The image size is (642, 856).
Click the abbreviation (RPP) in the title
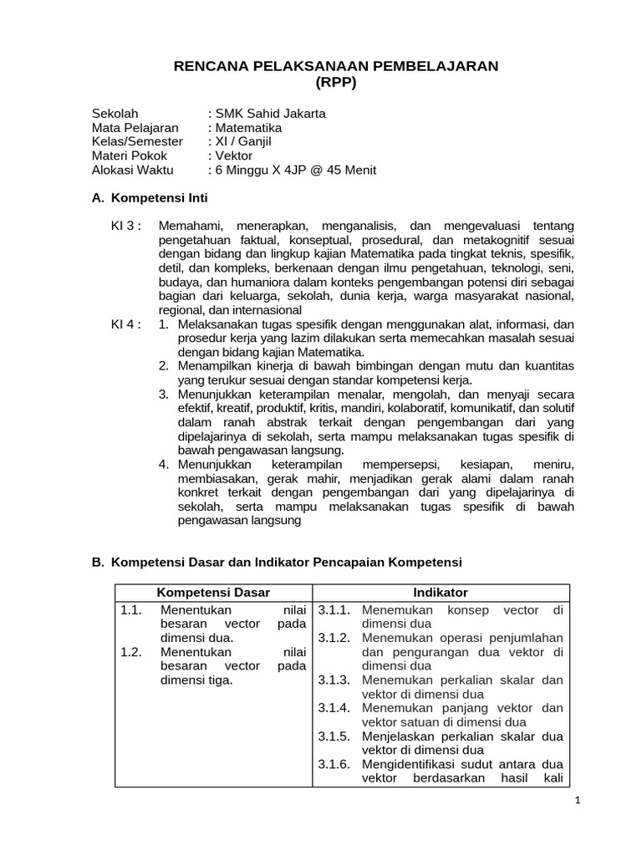click(x=335, y=82)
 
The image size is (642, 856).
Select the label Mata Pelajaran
click(x=135, y=128)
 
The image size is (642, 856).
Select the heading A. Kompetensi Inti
click(x=149, y=199)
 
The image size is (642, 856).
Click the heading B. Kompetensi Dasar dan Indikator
click(x=276, y=562)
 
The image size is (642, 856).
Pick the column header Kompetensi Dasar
click(x=213, y=593)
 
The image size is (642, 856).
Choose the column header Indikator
click(x=441, y=593)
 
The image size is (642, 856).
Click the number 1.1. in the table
click(x=131, y=610)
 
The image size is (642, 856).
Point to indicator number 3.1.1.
click(x=334, y=610)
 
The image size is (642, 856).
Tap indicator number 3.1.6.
click(x=334, y=764)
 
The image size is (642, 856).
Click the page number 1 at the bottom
click(x=576, y=800)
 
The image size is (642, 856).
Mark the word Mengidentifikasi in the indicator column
click(x=410, y=764)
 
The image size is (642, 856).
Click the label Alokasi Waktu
click(x=132, y=171)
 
